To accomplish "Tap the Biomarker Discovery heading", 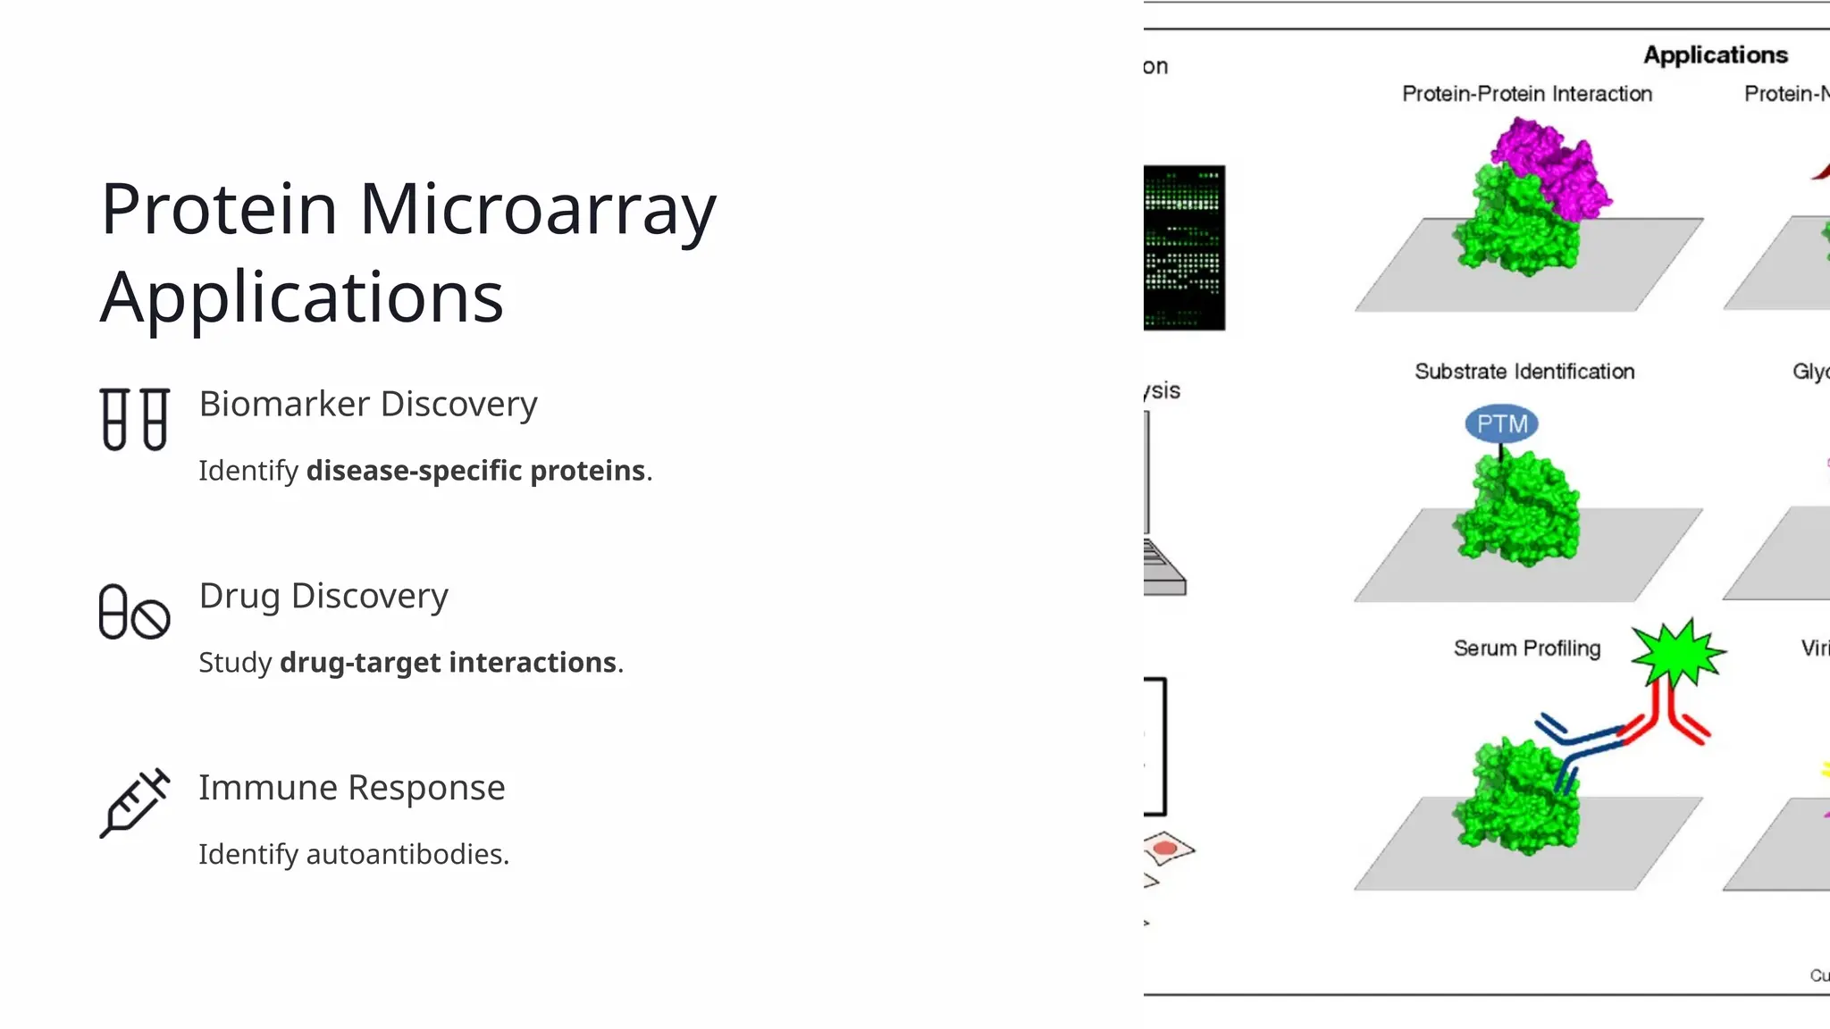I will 367,404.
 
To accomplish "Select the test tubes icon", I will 134,419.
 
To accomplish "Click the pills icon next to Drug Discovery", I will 134,612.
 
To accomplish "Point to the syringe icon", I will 134,803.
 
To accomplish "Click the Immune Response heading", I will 351,788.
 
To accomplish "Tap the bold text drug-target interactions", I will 448,663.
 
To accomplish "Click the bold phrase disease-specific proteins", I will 475,471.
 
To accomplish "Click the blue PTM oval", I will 1501,423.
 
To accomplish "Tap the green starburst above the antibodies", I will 1678,654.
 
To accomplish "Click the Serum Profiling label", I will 1526,648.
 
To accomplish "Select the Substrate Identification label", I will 1524,372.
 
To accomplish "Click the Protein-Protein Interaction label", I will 1526,94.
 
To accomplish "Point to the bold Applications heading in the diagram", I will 1715,55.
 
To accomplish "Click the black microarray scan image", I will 1183,247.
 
